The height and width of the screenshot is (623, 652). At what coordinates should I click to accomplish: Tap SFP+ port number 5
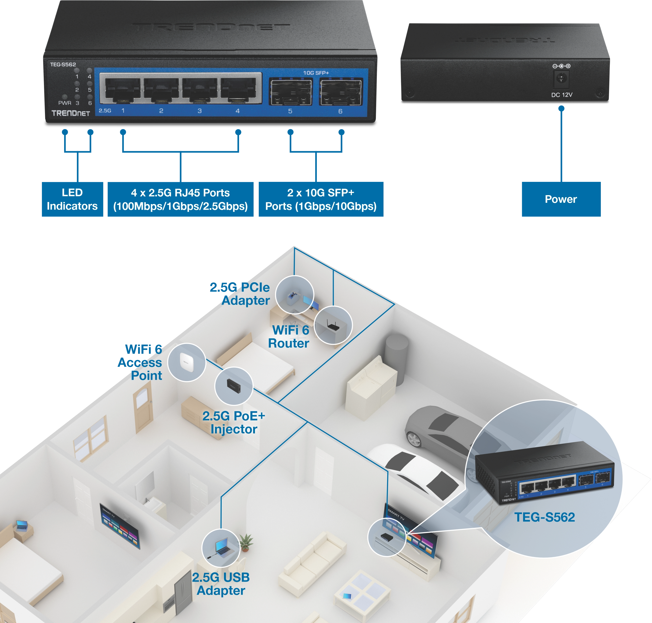coord(290,92)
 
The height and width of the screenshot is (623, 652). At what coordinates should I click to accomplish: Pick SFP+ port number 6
coord(341,92)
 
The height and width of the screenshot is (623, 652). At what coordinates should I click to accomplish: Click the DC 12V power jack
coord(561,79)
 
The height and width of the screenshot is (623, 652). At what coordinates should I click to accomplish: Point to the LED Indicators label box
coord(72,199)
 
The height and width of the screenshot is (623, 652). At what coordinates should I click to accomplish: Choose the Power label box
coord(561,199)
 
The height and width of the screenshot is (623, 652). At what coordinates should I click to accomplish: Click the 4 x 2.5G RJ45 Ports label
coord(180,199)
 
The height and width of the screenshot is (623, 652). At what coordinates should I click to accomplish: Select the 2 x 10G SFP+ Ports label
coord(321,199)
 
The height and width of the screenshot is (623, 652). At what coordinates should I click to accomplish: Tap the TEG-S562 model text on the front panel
coord(63,64)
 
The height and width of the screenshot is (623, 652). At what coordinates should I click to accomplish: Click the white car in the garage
coord(415,468)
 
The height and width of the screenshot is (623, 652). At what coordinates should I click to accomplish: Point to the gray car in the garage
coord(438,428)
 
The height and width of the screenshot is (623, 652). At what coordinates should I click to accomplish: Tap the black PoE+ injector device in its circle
coord(234,386)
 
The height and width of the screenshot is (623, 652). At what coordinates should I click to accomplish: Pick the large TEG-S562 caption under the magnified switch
coord(544,517)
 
